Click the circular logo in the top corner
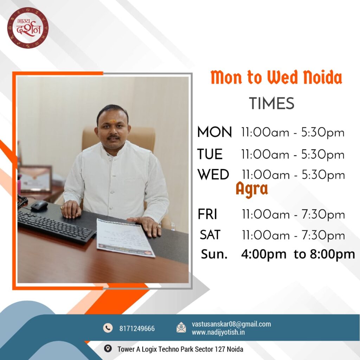click(x=28, y=28)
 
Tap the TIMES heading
click(x=272, y=103)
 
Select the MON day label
click(x=214, y=132)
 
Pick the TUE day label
click(x=210, y=154)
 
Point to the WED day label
click(x=213, y=174)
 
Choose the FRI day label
click(x=207, y=214)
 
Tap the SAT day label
click(x=210, y=234)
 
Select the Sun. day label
click(x=214, y=254)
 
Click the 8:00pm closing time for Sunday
click(x=333, y=255)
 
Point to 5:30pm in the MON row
click(x=323, y=133)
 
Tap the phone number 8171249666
click(x=137, y=329)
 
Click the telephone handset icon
click(x=108, y=328)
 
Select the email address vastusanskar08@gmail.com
click(x=231, y=324)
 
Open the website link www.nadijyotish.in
click(x=218, y=332)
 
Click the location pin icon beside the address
click(x=108, y=348)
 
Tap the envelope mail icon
click(x=181, y=327)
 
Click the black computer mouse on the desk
click(x=39, y=206)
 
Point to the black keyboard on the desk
click(x=56, y=227)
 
